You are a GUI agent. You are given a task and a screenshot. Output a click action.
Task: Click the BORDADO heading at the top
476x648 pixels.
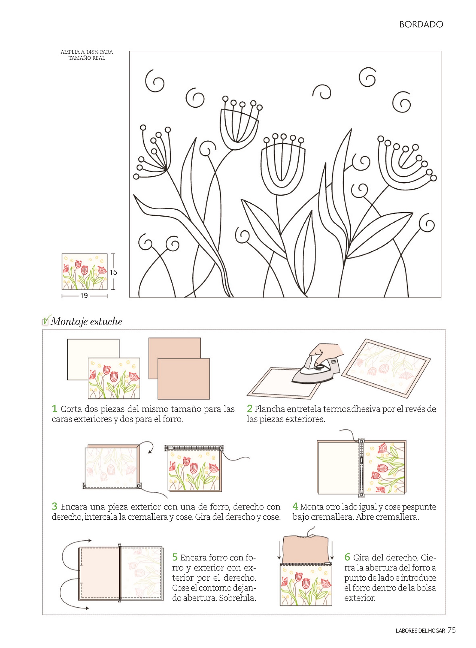421,24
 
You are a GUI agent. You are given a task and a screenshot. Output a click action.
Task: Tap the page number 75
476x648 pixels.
452,630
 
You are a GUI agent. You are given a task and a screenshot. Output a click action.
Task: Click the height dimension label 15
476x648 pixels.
113,272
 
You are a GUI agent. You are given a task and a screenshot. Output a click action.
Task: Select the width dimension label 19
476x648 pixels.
84,296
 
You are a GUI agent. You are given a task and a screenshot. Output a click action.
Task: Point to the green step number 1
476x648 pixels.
55,408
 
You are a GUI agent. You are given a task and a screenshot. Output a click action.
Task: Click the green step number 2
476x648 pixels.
250,408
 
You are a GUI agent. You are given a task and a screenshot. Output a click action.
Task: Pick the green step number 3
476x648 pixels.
55,506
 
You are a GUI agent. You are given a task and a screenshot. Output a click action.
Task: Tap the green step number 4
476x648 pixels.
295,506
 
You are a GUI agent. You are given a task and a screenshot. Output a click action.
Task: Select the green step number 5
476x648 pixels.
175,557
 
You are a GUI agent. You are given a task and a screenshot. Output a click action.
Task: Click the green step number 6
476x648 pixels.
347,557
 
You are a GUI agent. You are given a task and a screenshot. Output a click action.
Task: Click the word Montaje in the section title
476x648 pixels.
69,321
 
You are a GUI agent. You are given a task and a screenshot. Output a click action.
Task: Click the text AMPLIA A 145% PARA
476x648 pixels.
87,52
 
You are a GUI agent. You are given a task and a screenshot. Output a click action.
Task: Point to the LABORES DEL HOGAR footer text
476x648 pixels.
420,631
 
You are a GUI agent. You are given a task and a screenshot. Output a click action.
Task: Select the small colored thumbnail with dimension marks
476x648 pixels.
84,272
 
